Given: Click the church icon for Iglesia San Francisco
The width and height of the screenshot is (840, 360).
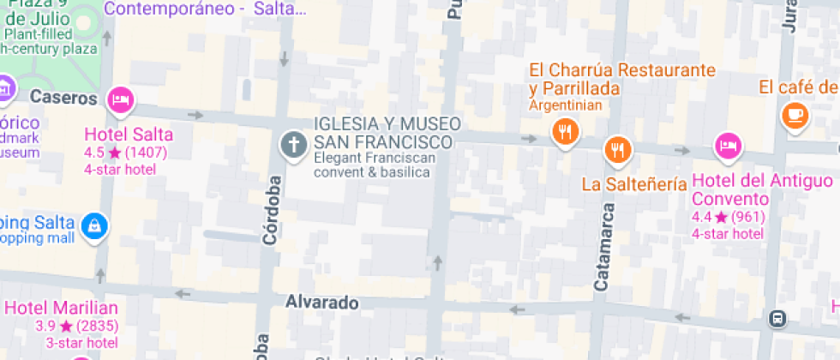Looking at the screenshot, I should (x=294, y=144).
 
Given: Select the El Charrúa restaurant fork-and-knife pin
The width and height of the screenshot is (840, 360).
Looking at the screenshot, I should (x=565, y=132).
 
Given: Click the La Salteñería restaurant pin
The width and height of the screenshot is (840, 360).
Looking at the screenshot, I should (x=617, y=149).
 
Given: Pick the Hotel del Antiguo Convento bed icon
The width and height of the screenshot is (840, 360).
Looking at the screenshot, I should (x=728, y=145).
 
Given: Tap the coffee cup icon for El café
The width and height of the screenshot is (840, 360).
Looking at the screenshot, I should (x=795, y=115).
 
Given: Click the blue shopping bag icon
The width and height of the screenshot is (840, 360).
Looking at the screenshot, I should (x=93, y=225).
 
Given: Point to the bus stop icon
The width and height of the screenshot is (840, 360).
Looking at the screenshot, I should (x=777, y=318).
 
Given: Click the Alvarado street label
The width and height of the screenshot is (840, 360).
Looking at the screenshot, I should (x=321, y=303).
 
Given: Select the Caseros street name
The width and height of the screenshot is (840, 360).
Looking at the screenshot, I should (x=63, y=98).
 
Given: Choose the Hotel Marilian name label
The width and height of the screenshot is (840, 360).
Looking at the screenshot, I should (x=61, y=308).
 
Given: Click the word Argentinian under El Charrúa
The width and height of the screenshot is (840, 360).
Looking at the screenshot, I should (x=566, y=105).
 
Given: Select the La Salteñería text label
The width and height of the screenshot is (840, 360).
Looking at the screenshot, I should (x=634, y=184).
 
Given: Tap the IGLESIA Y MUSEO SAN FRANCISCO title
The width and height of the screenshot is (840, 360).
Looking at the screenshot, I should (x=387, y=132).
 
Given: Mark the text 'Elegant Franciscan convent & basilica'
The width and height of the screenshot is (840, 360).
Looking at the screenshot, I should (x=375, y=165).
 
